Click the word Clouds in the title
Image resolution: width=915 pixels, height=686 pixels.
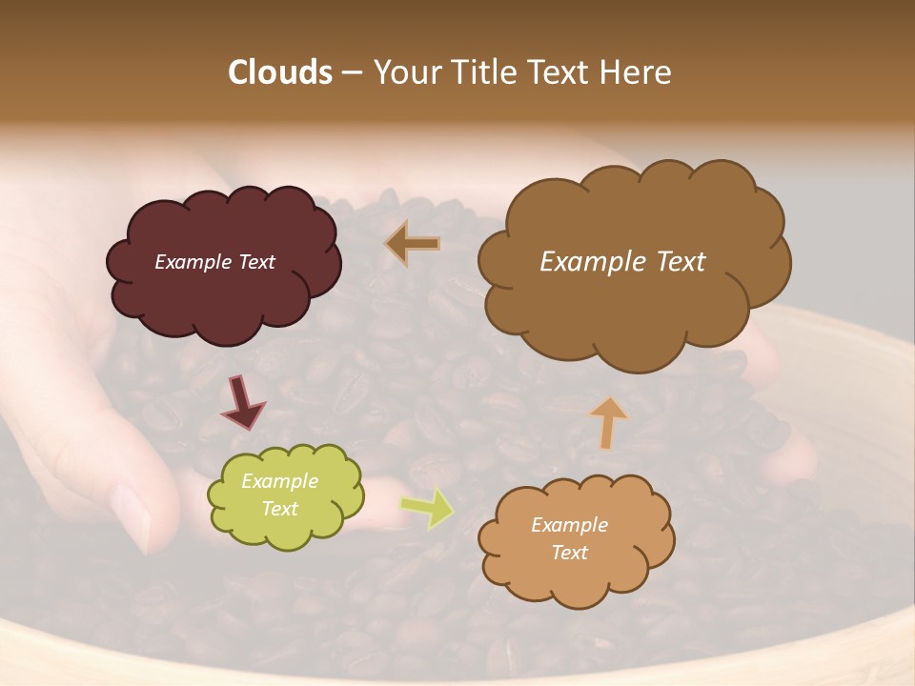click(279, 72)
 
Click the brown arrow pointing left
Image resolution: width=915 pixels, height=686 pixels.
click(412, 244)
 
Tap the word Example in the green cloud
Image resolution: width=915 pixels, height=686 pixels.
click(280, 482)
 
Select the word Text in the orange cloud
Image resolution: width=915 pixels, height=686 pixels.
click(570, 553)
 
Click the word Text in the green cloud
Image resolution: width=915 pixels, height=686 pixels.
click(280, 509)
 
